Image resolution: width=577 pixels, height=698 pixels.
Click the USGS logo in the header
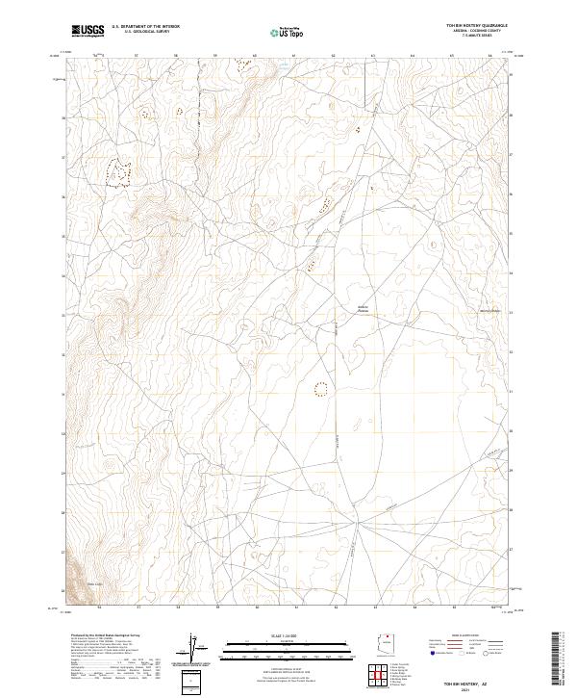click(x=89, y=31)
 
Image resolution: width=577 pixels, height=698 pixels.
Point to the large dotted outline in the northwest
click(x=117, y=172)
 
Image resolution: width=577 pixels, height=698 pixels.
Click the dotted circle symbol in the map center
click(x=321, y=389)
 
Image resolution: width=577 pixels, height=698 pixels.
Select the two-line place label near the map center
click(x=363, y=309)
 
